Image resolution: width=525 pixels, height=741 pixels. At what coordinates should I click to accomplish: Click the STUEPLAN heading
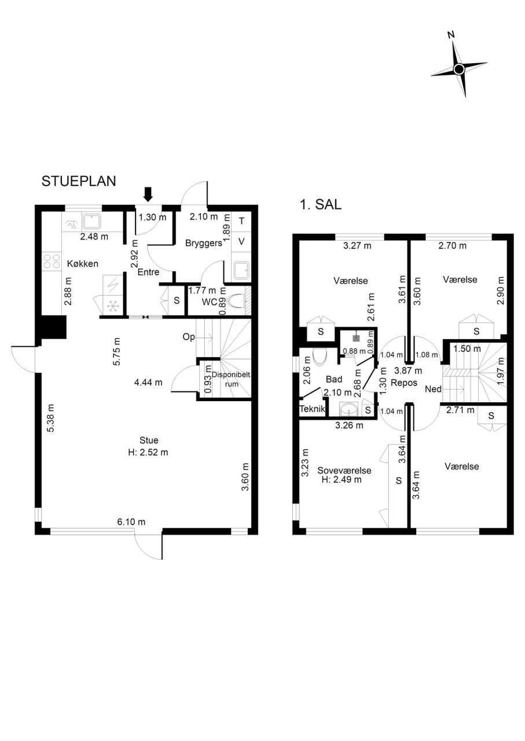79,181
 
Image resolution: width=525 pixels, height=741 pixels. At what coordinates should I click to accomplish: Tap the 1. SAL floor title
320,204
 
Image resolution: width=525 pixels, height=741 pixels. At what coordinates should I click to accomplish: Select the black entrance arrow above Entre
148,194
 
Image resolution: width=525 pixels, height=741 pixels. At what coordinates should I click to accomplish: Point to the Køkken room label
83,263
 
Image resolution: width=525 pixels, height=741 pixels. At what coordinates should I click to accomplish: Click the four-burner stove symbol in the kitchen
52,261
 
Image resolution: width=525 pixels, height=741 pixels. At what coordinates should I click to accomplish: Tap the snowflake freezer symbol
113,307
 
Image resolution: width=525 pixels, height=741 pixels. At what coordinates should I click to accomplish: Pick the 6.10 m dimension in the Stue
131,522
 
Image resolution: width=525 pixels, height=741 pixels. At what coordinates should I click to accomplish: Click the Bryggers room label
204,244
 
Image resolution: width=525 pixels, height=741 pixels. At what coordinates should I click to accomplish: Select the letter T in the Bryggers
241,221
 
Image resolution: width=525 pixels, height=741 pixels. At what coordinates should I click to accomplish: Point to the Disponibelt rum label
231,379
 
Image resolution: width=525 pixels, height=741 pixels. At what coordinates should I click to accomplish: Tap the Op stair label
189,337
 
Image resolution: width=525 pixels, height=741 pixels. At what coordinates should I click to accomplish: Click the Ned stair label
434,389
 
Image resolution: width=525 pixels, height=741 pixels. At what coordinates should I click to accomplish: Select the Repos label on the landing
404,383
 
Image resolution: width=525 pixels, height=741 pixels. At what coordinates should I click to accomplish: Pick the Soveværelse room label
344,471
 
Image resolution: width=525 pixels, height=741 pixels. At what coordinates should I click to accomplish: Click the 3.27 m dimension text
357,246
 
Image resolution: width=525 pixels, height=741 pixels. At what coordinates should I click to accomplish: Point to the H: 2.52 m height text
148,452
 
